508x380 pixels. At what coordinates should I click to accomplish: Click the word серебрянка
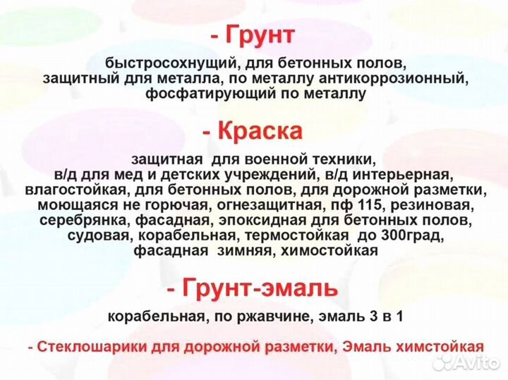pos(85,221)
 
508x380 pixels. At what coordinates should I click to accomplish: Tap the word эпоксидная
pos(267,221)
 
